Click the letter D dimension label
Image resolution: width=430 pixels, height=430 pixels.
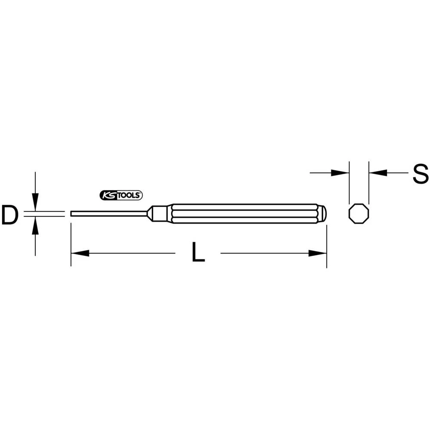click(x=9, y=215)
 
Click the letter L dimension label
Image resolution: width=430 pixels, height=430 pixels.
click(x=197, y=252)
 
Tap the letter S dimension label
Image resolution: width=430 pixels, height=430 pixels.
click(x=420, y=174)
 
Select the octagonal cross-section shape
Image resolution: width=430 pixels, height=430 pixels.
click(x=358, y=213)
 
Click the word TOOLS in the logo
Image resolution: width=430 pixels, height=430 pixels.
click(x=130, y=195)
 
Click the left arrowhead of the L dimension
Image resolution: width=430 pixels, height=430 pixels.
click(x=80, y=253)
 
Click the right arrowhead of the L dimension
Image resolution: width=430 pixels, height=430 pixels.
click(x=318, y=253)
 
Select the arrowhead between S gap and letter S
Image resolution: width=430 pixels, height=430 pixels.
click(x=378, y=173)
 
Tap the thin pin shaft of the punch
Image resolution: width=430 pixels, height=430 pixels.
click(x=107, y=213)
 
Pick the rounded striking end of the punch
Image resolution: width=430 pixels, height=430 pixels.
click(x=323, y=213)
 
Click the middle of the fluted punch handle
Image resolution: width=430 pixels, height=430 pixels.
click(x=245, y=213)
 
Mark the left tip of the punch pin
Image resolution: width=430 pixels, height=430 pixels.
click(x=71, y=213)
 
